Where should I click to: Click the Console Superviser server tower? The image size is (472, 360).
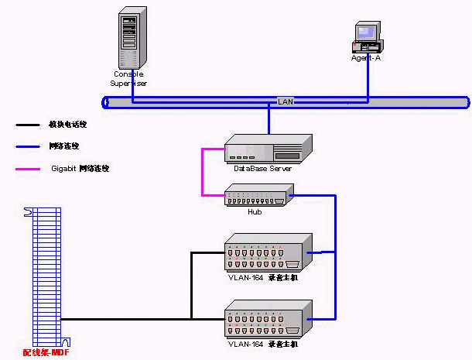coord(132,39)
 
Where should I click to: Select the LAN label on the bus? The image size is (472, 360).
coord(286,101)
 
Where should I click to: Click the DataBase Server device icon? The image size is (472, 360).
coord(268,148)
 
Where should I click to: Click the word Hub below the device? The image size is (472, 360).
coord(255,211)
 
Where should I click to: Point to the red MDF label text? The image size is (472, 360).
coord(46,353)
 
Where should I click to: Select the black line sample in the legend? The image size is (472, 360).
coord(29,124)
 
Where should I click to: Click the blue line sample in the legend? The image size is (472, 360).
coord(29,146)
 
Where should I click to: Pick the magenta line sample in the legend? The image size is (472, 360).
coord(29,168)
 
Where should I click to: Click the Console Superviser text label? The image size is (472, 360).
coord(130,78)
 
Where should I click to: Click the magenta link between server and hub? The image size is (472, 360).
coord(203,172)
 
